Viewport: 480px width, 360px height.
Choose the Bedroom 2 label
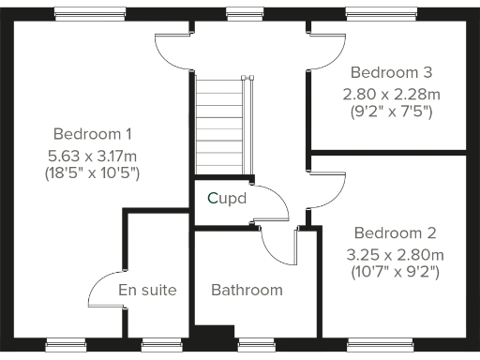[x=395, y=232]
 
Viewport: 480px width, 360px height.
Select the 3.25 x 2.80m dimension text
[x=395, y=253]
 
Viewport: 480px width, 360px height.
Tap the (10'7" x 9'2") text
[x=395, y=273]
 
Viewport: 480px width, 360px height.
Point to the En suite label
[x=147, y=290]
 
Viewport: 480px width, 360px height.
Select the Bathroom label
[x=247, y=290]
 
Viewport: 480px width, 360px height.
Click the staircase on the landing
[x=222, y=126]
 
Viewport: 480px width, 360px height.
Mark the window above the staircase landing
[x=245, y=13]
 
